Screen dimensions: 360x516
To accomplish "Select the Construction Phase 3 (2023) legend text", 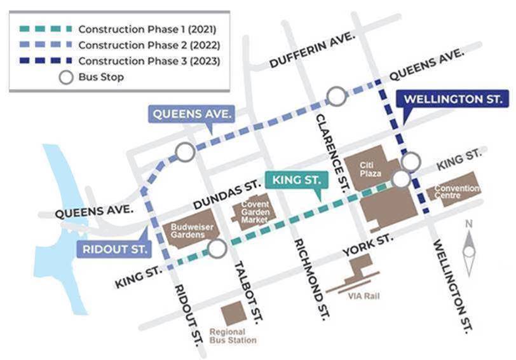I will point(149,61).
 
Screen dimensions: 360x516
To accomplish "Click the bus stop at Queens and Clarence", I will point(336,97).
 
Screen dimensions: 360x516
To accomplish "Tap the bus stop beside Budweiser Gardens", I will point(217,249).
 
